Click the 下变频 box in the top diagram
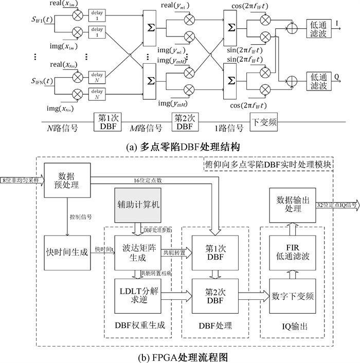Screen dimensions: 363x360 pos(265,124)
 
